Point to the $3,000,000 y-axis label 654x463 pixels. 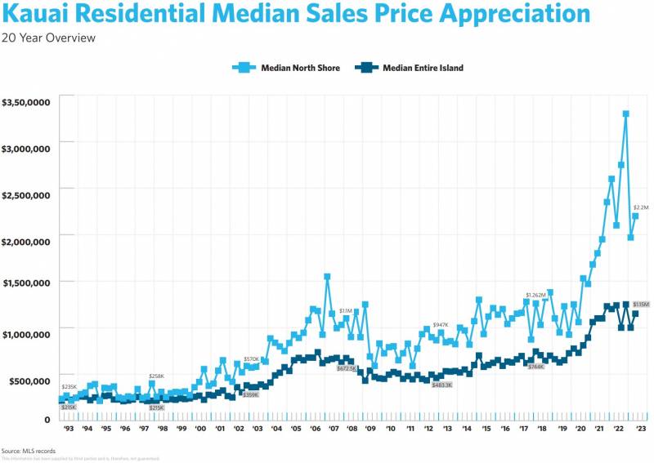pyautogui.click(x=27, y=148)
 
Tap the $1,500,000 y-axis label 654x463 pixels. pyautogui.click(x=27, y=283)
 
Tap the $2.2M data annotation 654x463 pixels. pyautogui.click(x=641, y=208)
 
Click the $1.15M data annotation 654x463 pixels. pyautogui.click(x=640, y=305)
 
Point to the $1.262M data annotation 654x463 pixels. pyautogui.click(x=535, y=295)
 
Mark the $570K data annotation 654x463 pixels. pyautogui.click(x=251, y=359)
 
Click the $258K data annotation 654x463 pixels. pyautogui.click(x=157, y=376)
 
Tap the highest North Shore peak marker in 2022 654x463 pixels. pyautogui.click(x=625, y=114)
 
